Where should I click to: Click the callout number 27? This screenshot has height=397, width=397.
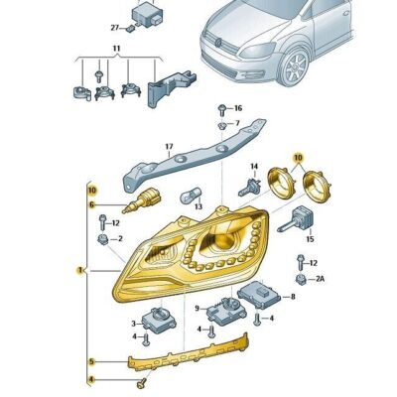click(115, 30)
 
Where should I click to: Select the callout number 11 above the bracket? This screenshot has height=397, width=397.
click(116, 48)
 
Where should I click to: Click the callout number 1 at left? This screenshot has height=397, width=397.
click(80, 268)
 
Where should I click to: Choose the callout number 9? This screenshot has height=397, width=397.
click(198, 308)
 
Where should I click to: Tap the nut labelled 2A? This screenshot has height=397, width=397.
click(300, 281)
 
